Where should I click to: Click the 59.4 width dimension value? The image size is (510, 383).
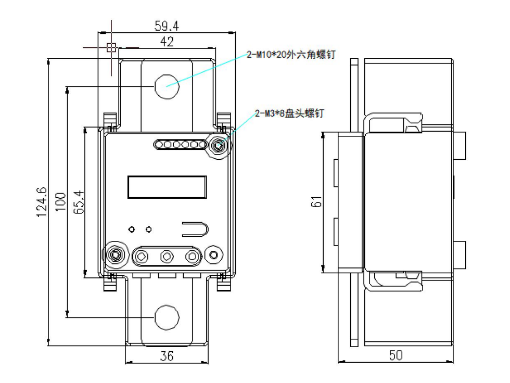tap(167, 25)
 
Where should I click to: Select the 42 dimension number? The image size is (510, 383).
tap(167, 42)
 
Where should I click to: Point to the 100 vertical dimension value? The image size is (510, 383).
tap(61, 201)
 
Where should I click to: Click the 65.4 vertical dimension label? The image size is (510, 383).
tap(79, 201)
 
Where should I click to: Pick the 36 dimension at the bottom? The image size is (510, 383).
tap(167, 356)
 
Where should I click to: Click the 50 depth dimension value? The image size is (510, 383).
tap(396, 355)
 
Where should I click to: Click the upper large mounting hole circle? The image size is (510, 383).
tap(167, 85)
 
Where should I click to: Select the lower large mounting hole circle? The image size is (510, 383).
tap(167, 317)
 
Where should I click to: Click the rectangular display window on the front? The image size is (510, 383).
tap(167, 187)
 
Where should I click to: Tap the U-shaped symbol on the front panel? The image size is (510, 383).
tap(196, 229)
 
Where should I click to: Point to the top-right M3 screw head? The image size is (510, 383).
tap(218, 145)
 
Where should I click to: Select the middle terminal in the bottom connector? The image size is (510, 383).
tap(167, 256)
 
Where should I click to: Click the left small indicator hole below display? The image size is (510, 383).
tap(132, 229)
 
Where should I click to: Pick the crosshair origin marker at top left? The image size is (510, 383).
tap(111, 47)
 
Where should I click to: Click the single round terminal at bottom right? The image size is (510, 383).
tap(213, 255)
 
